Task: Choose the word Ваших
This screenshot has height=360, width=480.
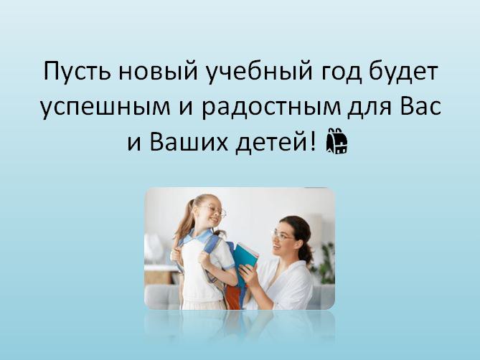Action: tap(189, 142)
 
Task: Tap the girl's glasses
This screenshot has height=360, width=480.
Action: tap(217, 211)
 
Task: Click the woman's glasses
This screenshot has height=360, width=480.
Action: tap(282, 235)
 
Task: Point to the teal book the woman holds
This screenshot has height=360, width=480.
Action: tap(246, 256)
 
